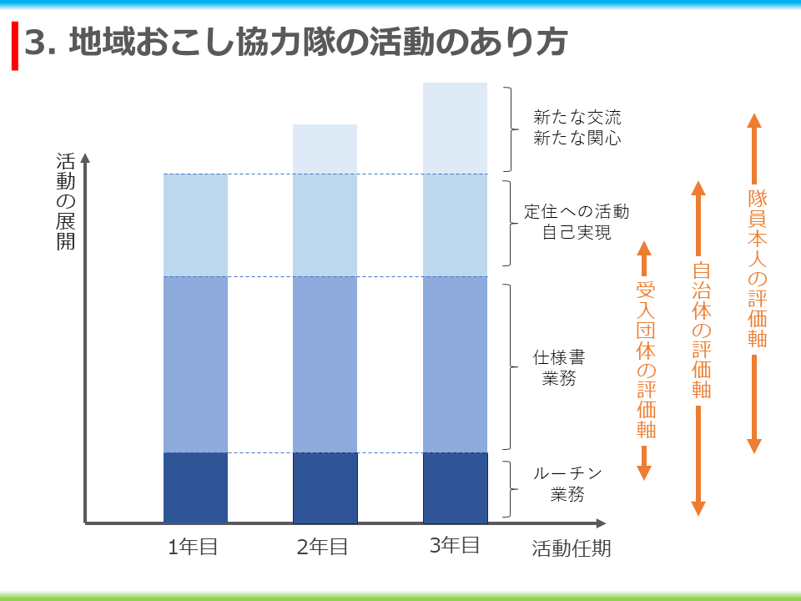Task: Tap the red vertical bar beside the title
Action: tap(14, 47)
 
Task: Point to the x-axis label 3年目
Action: tap(455, 546)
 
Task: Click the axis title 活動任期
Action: tap(572, 548)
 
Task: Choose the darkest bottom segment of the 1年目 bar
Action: tap(195, 487)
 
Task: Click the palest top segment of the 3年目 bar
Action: tap(455, 128)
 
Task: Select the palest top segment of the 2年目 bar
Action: tap(325, 149)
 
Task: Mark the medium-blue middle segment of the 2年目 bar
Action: tap(325, 364)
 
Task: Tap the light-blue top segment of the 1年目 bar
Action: tap(195, 225)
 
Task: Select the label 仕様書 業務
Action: tap(560, 368)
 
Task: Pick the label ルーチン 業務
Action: tap(567, 484)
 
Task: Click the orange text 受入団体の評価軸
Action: tap(646, 360)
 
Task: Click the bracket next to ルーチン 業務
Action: tap(511, 487)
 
